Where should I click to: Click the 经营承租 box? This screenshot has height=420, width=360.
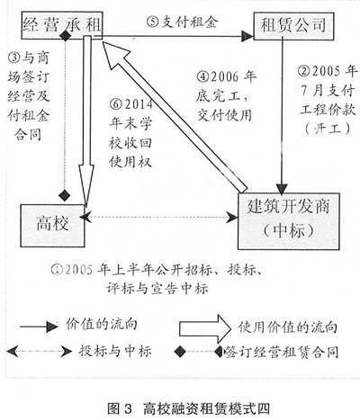62,25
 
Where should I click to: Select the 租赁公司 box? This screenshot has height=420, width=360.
293,26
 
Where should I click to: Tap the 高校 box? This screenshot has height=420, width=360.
52,226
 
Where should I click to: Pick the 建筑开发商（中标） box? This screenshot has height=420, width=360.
289,221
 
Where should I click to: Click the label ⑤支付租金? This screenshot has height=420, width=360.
183,22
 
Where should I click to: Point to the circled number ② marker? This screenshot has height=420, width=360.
304,71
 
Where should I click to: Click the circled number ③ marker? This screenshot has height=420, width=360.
14,58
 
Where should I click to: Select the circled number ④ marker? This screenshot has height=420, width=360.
202,76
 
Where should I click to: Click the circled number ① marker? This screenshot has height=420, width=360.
57,270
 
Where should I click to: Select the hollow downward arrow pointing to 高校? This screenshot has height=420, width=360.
86,121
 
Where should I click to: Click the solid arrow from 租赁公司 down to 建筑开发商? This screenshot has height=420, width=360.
282,116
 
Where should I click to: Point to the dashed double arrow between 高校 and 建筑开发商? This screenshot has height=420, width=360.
158,217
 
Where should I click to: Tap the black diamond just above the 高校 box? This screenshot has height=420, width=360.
64,195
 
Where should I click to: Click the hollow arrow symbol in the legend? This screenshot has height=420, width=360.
205,329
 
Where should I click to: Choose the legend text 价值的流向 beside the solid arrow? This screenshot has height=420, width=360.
101,325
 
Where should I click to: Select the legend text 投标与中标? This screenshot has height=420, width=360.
115,351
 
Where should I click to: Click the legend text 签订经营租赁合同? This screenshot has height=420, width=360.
282,352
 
